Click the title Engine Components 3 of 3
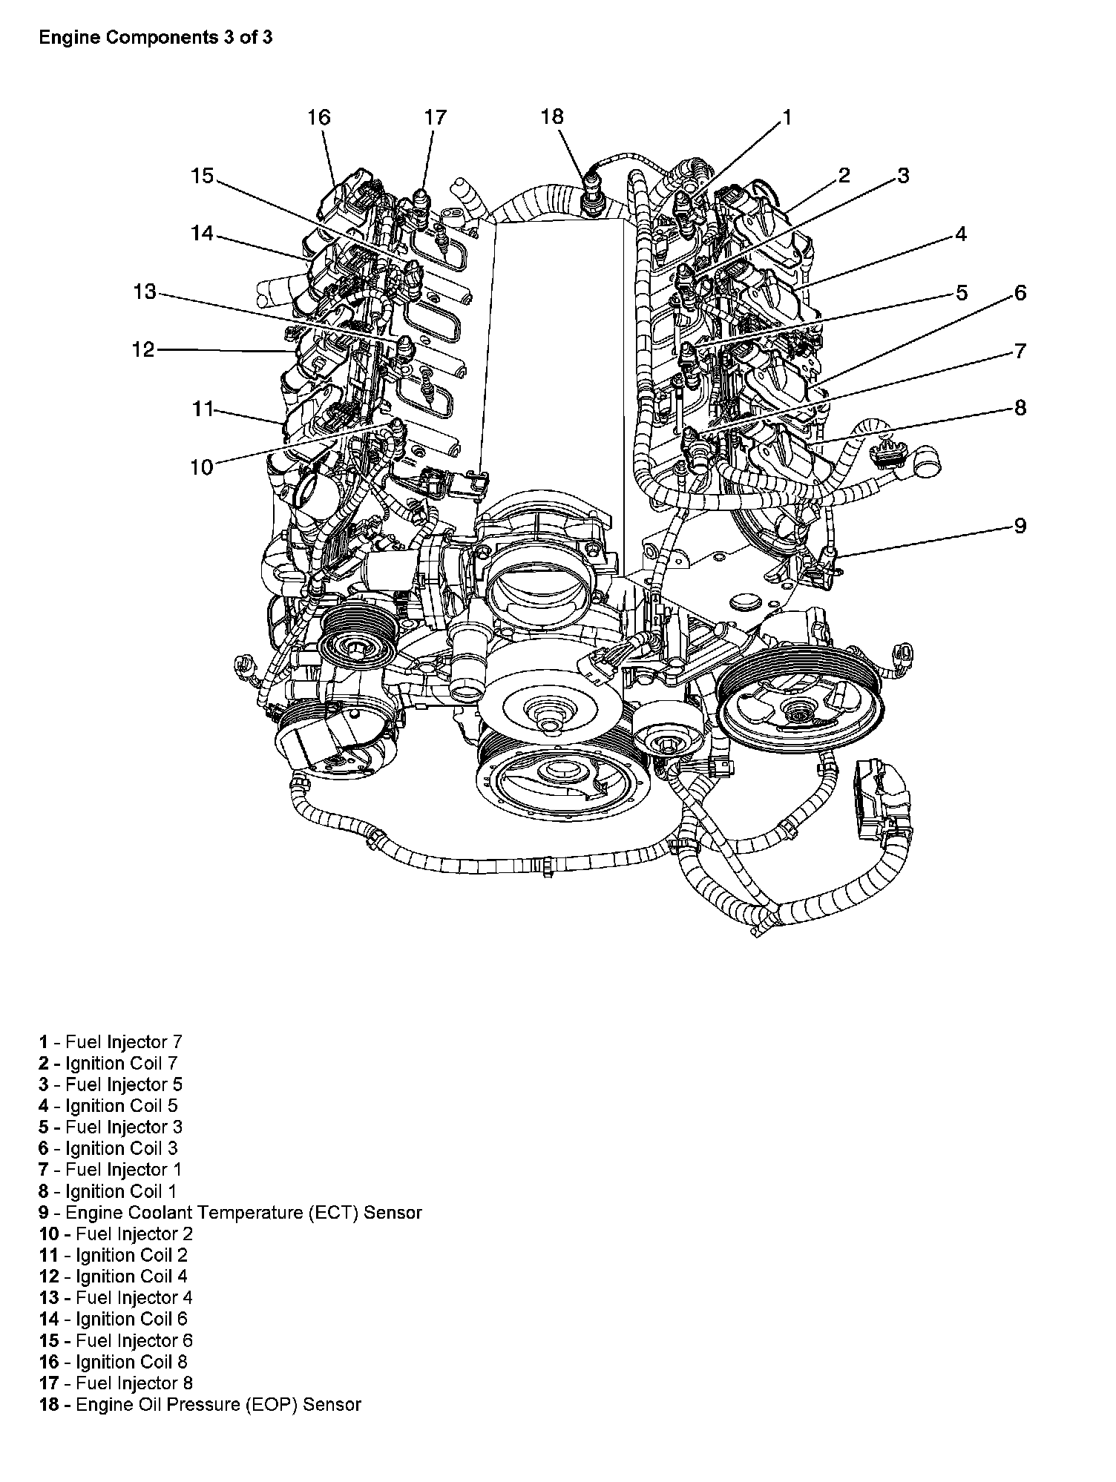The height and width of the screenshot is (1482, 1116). (x=156, y=38)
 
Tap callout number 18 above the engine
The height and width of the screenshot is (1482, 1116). (x=552, y=117)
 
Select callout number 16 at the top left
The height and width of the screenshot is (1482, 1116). (x=318, y=117)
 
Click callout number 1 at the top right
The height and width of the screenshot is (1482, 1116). (x=786, y=117)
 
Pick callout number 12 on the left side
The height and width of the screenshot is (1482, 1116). (x=143, y=349)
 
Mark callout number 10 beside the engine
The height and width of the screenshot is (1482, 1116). (x=202, y=467)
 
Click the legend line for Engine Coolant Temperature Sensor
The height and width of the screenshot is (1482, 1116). (x=230, y=1213)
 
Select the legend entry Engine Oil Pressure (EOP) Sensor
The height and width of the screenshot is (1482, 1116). (x=200, y=1404)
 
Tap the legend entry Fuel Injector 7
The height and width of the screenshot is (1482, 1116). (x=111, y=1042)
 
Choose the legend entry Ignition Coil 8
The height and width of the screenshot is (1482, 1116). (x=113, y=1362)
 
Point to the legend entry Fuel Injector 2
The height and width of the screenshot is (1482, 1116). (x=116, y=1234)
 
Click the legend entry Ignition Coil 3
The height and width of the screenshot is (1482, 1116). (x=108, y=1148)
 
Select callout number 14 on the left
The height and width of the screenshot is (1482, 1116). (x=202, y=234)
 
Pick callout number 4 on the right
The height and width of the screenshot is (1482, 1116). (x=961, y=234)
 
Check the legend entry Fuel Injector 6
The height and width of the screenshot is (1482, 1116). (x=116, y=1340)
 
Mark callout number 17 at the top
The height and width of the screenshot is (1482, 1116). (x=436, y=117)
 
